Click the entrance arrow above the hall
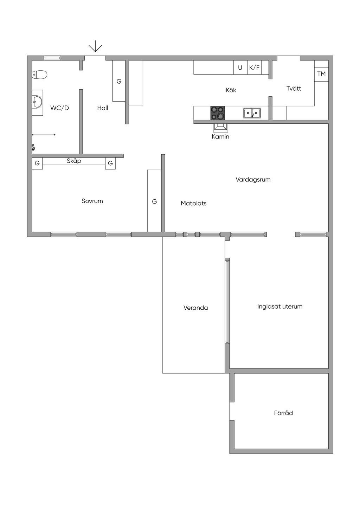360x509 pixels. click(95, 46)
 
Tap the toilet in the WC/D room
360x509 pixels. click(39, 75)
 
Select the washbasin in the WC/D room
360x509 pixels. click(37, 103)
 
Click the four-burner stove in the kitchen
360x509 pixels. click(218, 113)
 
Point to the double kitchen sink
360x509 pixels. click(252, 113)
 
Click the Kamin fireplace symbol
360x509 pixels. click(220, 128)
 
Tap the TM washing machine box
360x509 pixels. click(321, 74)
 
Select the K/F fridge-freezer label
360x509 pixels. click(254, 67)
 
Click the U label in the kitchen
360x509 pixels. click(240, 68)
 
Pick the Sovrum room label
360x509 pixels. click(92, 201)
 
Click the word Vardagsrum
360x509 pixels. click(253, 180)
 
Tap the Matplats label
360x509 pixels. click(194, 204)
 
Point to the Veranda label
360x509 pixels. click(196, 308)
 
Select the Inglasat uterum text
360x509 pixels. click(280, 307)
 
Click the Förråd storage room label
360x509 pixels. click(283, 413)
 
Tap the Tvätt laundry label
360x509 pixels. click(294, 88)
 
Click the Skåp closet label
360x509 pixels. click(74, 161)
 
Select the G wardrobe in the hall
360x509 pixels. click(119, 81)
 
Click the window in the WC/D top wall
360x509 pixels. click(52, 58)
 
